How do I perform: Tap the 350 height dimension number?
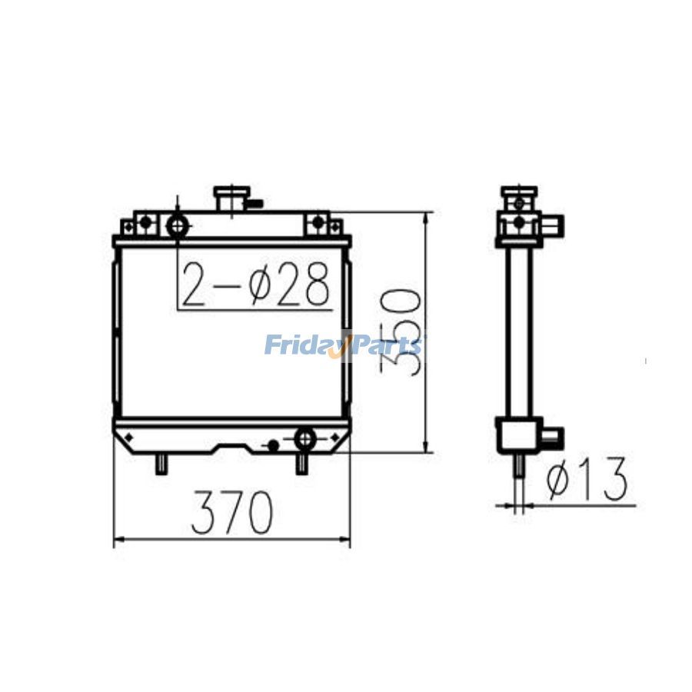click(x=402, y=332)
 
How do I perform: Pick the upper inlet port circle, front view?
click(x=178, y=226)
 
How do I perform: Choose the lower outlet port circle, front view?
click(x=305, y=438)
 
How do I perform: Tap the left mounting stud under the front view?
click(x=161, y=463)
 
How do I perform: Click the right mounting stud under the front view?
click(x=301, y=463)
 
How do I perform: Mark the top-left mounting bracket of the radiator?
click(x=135, y=225)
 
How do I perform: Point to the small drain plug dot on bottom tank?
click(x=272, y=444)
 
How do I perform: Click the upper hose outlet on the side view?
click(x=554, y=224)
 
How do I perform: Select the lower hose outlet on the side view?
click(x=552, y=437)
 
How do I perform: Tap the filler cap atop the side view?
click(x=519, y=191)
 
